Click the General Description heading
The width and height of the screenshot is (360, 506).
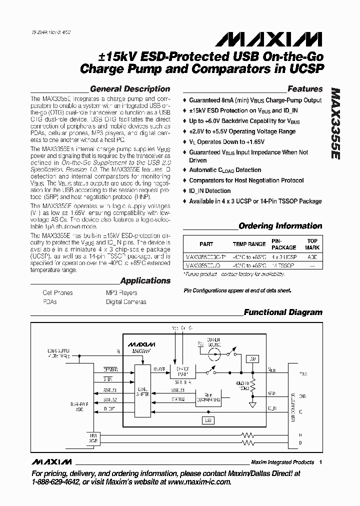(x=130, y=89)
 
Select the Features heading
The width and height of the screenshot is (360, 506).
(x=305, y=89)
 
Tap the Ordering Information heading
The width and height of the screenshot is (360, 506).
(x=280, y=226)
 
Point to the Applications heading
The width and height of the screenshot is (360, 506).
(x=145, y=281)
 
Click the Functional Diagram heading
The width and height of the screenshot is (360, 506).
(x=283, y=312)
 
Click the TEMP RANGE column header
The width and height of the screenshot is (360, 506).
(x=249, y=244)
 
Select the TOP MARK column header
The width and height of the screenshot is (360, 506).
(x=312, y=244)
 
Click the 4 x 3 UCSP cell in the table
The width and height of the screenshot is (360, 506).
(x=283, y=256)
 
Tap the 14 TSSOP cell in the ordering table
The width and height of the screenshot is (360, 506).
(x=283, y=266)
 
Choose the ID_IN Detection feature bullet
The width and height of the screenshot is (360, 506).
(x=209, y=191)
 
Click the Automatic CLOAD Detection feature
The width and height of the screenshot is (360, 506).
(x=225, y=170)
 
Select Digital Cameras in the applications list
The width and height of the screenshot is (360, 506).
(x=126, y=302)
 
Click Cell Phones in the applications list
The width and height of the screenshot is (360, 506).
(x=57, y=293)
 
